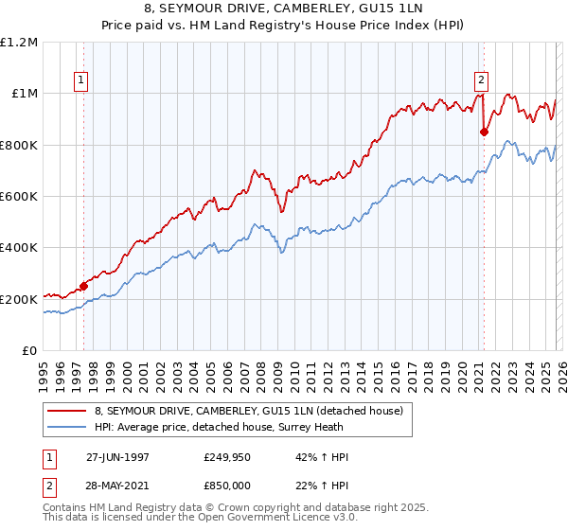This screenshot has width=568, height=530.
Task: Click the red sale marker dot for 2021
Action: [484, 132]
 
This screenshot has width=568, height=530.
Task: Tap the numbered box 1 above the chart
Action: [83, 81]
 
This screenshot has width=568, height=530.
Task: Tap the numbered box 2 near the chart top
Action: [482, 80]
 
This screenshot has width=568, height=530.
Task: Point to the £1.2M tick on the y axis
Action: [19, 42]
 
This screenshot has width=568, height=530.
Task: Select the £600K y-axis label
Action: [19, 197]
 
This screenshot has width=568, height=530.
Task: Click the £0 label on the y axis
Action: [29, 351]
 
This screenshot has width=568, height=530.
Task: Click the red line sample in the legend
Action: [67, 411]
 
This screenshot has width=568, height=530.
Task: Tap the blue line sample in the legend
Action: [67, 427]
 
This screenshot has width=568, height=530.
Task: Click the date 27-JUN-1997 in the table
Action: [117, 457]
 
